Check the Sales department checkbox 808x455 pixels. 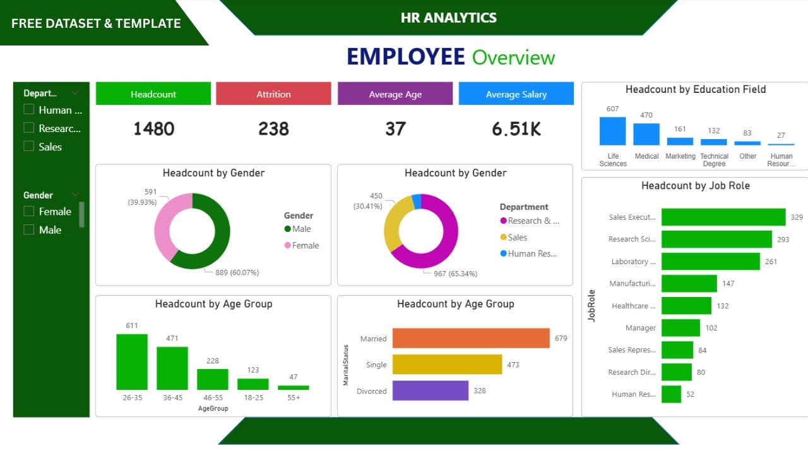tap(28, 146)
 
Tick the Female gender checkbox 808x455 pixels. tap(28, 211)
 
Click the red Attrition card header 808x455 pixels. tap(273, 94)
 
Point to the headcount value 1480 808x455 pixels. tap(153, 129)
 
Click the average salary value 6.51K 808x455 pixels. tap(516, 129)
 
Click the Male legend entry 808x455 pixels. tap(298, 229)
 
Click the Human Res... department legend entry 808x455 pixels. tap(529, 253)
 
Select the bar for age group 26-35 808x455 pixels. tap(132, 361)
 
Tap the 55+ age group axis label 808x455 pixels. tap(293, 397)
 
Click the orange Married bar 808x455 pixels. tap(471, 338)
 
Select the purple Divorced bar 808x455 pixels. tap(430, 391)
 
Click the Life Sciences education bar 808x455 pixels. tap(612, 131)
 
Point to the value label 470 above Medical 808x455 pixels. tap(646, 115)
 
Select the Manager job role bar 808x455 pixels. tap(680, 327)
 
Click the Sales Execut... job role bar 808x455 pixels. tap(723, 217)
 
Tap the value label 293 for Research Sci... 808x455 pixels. tap(783, 240)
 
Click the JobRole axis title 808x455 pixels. tap(591, 306)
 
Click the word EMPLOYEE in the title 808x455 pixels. tap(405, 57)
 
